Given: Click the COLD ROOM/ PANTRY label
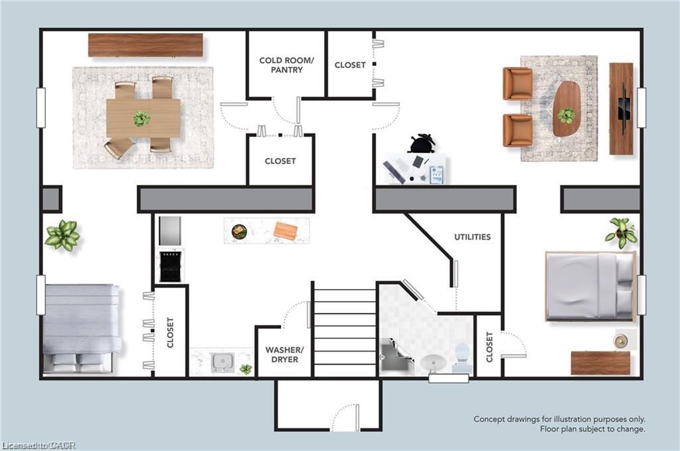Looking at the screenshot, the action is (286, 65).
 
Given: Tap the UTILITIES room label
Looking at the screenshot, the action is (472, 237).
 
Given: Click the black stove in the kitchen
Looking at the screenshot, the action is (171, 265).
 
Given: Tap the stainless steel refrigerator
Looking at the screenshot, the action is (170, 231).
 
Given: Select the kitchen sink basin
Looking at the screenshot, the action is (222, 362).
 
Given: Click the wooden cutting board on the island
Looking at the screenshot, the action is (286, 230).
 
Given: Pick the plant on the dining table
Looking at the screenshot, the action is (141, 118).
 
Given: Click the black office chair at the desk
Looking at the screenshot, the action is (420, 143).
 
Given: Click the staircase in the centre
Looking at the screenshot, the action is (345, 333).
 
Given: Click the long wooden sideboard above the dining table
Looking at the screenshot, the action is (145, 45).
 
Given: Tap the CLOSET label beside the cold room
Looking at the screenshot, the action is (350, 65).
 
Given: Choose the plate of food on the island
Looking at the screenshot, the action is (239, 231).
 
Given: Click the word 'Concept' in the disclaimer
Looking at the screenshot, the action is (489, 419).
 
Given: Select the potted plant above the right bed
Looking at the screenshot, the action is (622, 231).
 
